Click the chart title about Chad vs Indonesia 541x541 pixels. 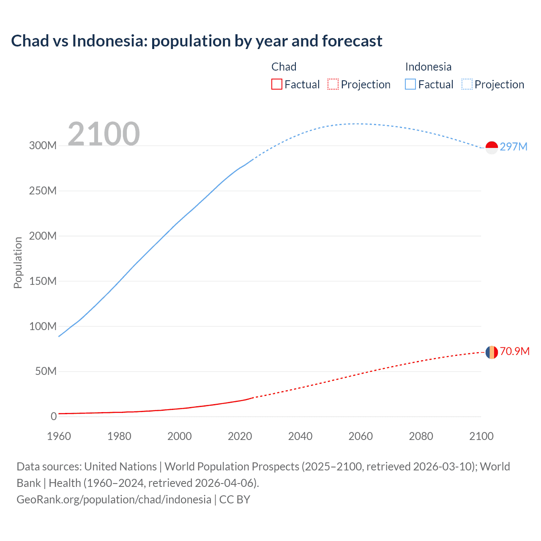click(x=197, y=41)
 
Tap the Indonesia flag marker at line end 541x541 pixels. click(x=492, y=148)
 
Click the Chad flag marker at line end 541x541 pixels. click(x=492, y=352)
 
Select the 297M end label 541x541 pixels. click(x=514, y=147)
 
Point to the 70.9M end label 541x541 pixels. click(x=514, y=352)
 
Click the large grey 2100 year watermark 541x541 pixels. click(x=104, y=134)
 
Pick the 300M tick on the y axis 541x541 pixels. click(x=43, y=146)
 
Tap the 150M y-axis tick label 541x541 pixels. click(x=43, y=281)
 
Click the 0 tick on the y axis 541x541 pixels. click(x=54, y=417)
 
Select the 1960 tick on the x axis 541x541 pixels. click(x=59, y=436)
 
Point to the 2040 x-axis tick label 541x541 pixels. click(x=300, y=436)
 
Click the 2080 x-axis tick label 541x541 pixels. click(x=421, y=436)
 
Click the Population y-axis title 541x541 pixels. click(x=18, y=263)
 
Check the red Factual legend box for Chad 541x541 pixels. click(x=276, y=85)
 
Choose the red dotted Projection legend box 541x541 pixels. click(x=333, y=85)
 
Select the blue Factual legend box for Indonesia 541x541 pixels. click(x=410, y=85)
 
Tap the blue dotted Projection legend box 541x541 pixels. click(x=467, y=85)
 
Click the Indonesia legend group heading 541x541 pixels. click(x=428, y=67)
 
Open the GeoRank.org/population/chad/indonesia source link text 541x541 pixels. click(x=114, y=500)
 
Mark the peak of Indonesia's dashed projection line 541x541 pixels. click(x=354, y=124)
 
